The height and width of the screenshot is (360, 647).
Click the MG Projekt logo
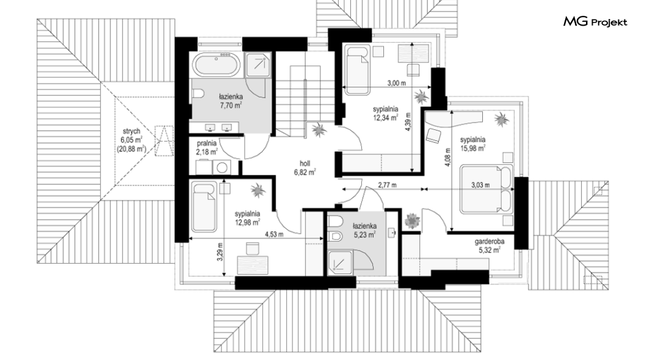(595, 22)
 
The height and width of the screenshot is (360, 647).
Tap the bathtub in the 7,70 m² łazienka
(217, 65)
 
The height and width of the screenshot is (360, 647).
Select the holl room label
(305, 164)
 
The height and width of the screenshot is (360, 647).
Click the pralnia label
(207, 143)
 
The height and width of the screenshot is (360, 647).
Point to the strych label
(131, 131)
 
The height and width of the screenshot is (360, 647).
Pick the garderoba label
(490, 242)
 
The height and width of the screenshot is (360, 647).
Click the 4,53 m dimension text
(274, 235)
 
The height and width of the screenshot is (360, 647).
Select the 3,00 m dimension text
(397, 83)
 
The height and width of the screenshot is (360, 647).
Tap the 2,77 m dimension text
(387, 185)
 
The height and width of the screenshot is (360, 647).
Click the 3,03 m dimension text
(480, 185)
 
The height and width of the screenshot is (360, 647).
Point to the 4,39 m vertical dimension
(408, 122)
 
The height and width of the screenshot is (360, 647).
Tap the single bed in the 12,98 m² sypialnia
(204, 207)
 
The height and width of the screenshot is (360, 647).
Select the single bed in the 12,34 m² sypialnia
(356, 70)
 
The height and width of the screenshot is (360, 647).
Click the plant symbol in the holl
(319, 130)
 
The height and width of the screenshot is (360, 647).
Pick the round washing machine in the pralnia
(222, 167)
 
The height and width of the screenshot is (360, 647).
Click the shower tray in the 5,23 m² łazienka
(340, 262)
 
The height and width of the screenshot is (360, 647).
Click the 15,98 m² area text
(473, 148)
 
